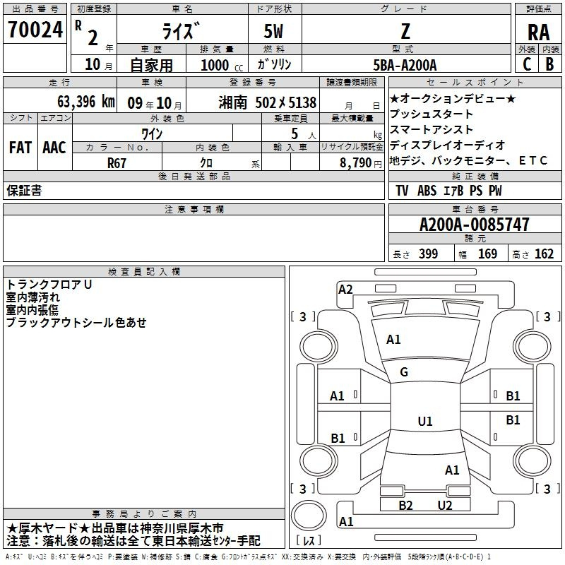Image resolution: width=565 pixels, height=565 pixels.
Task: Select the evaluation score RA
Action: (538, 32)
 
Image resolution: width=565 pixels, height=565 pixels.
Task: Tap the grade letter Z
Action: (405, 30)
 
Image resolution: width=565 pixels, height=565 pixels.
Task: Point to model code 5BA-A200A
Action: (405, 65)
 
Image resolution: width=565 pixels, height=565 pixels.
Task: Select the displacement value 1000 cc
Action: (217, 65)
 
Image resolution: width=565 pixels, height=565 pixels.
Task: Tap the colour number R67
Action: (117, 162)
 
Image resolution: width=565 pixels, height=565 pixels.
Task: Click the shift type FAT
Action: (20, 147)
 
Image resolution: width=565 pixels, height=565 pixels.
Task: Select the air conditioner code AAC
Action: (54, 147)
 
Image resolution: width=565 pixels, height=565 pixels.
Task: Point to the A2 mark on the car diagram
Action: (345, 289)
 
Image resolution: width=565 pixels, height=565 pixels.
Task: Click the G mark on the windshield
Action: (404, 372)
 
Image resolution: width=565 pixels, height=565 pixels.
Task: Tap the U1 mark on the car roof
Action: (424, 422)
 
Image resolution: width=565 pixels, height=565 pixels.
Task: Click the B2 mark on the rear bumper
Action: (405, 505)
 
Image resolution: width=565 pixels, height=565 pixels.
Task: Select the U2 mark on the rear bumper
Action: (444, 505)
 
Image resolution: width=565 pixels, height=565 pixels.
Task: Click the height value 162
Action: (544, 254)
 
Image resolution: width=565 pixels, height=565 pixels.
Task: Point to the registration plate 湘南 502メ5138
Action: (272, 102)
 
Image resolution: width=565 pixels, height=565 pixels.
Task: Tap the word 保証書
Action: (24, 191)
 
